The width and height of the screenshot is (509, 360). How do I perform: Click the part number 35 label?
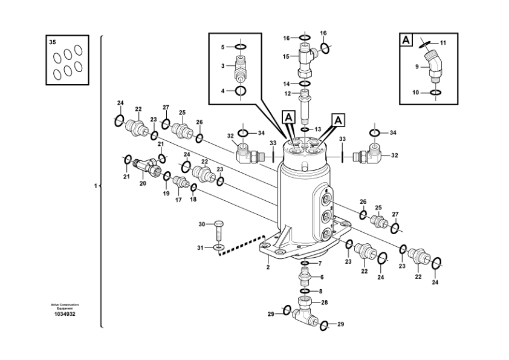[52, 42]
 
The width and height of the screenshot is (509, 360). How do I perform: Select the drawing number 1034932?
[65, 314]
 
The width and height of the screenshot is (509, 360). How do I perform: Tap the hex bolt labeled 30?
[219, 231]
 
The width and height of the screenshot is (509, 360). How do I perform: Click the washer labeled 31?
[219, 247]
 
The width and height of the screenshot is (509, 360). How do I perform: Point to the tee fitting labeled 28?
[305, 312]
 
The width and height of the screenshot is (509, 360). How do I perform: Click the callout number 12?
[288, 94]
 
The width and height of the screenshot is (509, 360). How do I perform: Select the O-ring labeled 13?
[305, 129]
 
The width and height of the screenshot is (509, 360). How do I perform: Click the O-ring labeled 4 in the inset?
[240, 91]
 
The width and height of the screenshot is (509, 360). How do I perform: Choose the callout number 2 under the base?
[268, 267]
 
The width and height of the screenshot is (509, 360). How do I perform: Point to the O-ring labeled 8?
[305, 291]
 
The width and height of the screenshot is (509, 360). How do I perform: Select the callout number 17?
[178, 200]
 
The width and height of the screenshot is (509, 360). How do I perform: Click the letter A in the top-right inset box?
[406, 40]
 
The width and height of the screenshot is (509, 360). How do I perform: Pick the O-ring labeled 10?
[435, 93]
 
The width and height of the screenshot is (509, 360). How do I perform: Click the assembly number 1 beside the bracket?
[96, 186]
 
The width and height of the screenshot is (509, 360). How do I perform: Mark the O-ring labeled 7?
[305, 263]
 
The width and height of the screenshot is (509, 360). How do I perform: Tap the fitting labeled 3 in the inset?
[240, 69]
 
